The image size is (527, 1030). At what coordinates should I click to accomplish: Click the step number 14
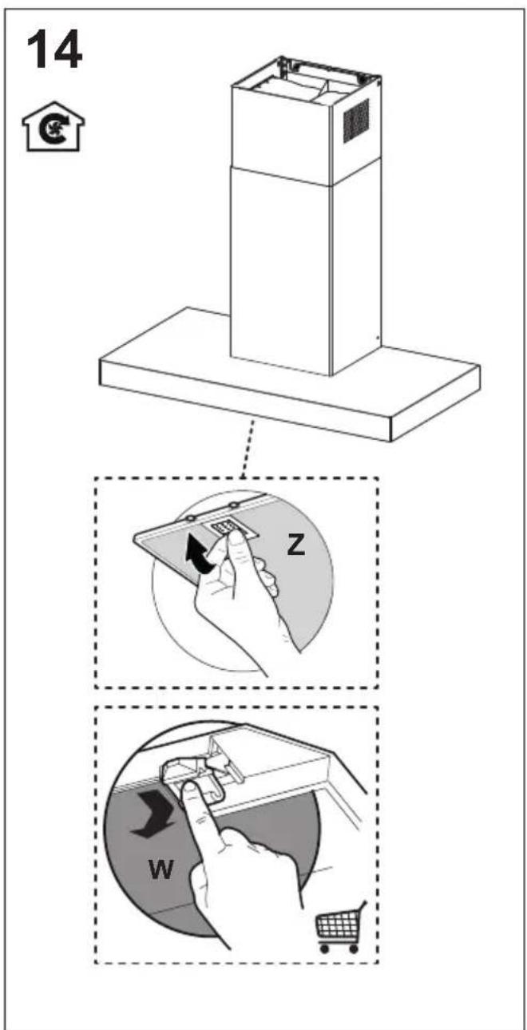click(x=55, y=50)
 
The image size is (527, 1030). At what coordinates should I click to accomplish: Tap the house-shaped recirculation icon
click(x=53, y=127)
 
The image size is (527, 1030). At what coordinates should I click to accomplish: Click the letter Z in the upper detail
click(x=295, y=545)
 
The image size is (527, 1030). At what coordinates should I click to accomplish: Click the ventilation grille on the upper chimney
click(x=356, y=121)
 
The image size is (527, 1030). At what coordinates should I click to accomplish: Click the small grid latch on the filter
click(x=222, y=527)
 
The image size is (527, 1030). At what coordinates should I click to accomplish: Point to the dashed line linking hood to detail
click(x=248, y=447)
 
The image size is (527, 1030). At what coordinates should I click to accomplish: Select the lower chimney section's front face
click(x=281, y=271)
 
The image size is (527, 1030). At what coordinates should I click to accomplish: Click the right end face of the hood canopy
click(x=435, y=403)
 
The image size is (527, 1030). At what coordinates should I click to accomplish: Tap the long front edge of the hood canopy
click(x=245, y=401)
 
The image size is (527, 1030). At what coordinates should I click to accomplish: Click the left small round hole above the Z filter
click(x=189, y=519)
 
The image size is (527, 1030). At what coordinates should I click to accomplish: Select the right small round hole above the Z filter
click(x=234, y=505)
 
